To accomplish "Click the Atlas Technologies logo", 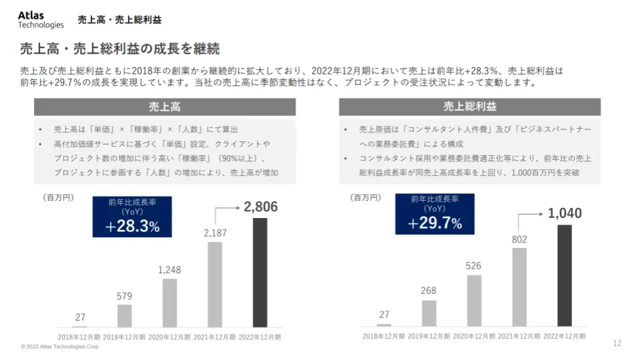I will click(41, 19).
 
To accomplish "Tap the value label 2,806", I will click(261, 207).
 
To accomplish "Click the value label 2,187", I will click(215, 233).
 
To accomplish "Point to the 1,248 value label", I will click(169, 270).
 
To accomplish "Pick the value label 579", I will click(125, 296).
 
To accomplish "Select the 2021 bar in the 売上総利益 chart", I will click(519, 287).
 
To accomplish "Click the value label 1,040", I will click(565, 213).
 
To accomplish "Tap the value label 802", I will click(519, 239).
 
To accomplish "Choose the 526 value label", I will click(474, 266).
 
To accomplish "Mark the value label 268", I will click(429, 291).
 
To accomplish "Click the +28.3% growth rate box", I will click(132, 217).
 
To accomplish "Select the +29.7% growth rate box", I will click(435, 214).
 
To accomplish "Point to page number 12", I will click(617, 343).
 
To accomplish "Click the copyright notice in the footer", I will click(60, 347).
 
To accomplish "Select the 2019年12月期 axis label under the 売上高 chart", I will click(125, 337).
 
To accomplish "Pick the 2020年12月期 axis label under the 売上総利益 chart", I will click(474, 336).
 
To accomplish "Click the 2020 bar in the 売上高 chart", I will click(169, 303).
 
